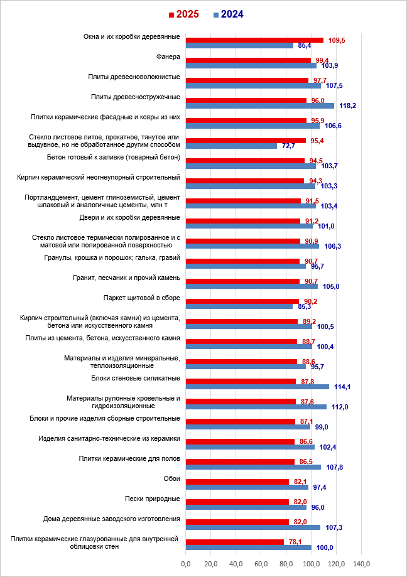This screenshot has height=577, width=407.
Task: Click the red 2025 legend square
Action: (170, 14)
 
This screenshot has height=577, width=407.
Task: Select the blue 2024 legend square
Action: (216, 14)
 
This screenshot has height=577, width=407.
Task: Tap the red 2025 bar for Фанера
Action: (248, 60)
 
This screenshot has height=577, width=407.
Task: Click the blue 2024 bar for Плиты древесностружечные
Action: (259, 105)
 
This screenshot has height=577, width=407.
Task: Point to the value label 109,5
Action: (337, 40)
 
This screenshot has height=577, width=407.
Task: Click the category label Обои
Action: (171, 479)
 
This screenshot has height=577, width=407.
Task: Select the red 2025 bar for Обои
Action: (237, 482)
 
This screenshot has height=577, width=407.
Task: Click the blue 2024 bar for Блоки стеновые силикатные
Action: (257, 387)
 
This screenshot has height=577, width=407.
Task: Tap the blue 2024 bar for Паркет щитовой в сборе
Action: (239, 306)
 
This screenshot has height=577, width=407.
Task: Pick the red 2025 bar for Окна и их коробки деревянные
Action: (254, 40)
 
